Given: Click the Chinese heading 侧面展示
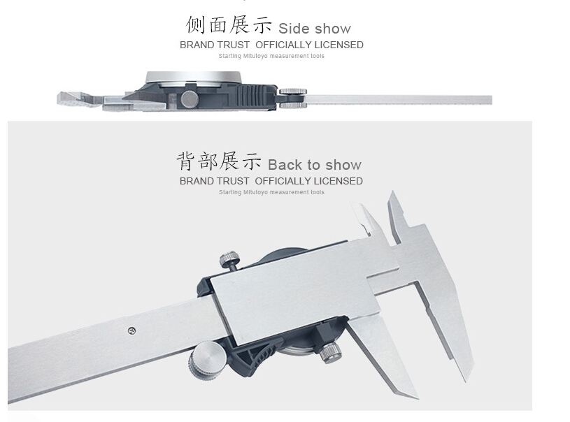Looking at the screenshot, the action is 228,25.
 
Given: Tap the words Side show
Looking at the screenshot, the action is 314,29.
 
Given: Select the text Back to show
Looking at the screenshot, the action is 315,165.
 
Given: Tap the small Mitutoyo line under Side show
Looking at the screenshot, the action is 271,56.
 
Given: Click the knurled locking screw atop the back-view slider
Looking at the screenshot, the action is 230,261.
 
